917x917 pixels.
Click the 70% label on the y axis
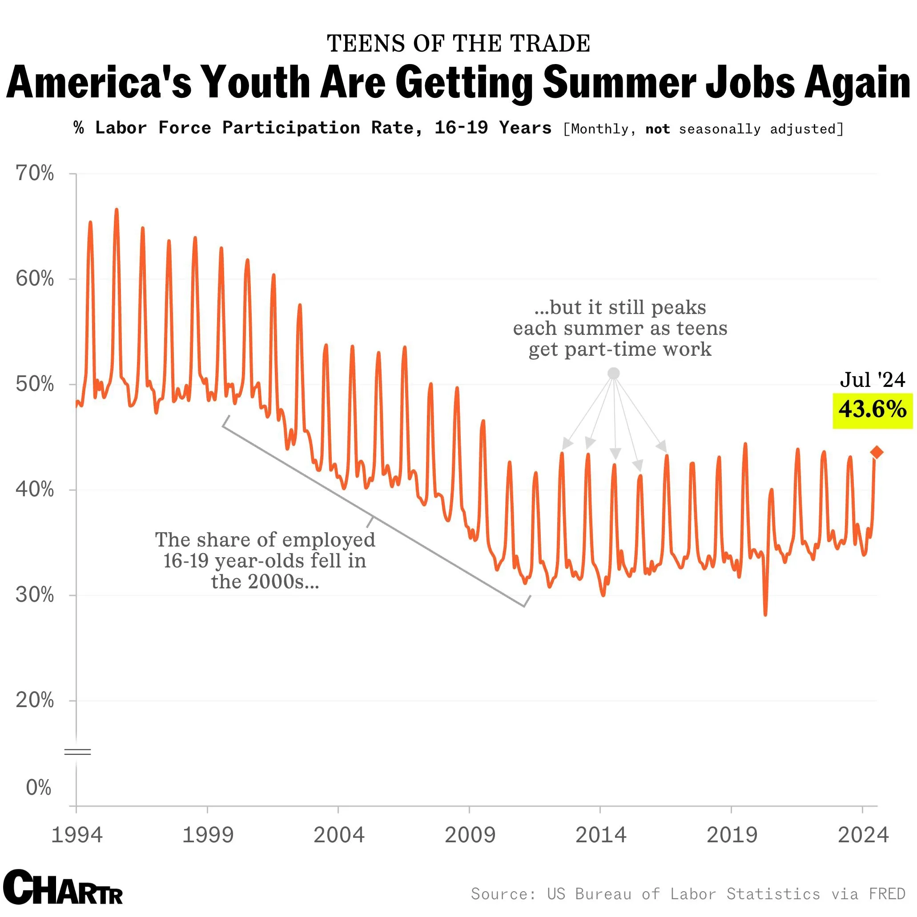coord(35,174)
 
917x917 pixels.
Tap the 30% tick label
coord(35,595)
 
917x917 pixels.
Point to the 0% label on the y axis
coord(38,788)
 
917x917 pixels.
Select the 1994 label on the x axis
coord(76,835)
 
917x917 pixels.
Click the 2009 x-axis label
coord(470,835)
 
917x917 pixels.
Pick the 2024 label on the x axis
coord(863,835)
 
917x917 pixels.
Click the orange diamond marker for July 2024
coord(877,452)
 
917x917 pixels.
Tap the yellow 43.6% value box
coord(873,410)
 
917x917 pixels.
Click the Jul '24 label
coord(873,380)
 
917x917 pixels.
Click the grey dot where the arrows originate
coord(614,374)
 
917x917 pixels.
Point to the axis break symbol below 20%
coord(77,752)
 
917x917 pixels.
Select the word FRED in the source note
coord(887,894)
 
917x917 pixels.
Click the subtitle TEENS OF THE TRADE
coord(458,44)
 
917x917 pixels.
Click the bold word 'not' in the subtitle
coord(657,129)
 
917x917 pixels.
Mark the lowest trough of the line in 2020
coord(765,615)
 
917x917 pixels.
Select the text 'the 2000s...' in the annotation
coord(265,582)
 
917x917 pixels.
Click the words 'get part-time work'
coord(620,350)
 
